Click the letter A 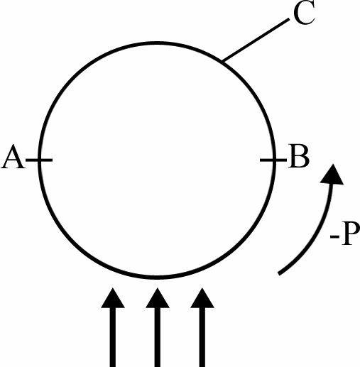point(13,156)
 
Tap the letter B point(299,156)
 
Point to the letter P point(350,234)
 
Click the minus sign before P point(334,236)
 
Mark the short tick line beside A point(39,160)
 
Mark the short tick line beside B point(273,160)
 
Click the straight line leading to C point(256,40)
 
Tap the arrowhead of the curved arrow point(332,174)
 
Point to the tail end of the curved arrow point(279,274)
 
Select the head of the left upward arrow point(113,298)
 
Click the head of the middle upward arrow point(158,298)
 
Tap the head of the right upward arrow point(202,298)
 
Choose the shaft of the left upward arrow point(113,337)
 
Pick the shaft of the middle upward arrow point(158,337)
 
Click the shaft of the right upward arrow point(202,337)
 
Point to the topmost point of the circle point(157,43)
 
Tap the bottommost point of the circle point(157,278)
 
